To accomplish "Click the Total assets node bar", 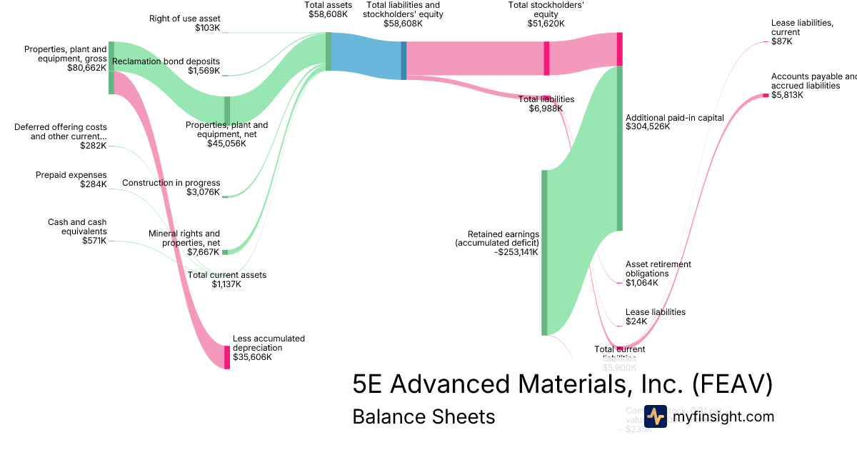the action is (329, 51).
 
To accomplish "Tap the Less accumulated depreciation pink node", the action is (227, 357).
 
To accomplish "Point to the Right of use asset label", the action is (184, 18).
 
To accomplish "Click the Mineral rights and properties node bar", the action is (225, 252).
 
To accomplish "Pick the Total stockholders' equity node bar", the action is (546, 58).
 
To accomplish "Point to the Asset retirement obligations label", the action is (658, 269).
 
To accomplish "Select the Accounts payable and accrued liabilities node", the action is (766, 96).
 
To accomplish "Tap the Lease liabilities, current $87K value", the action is (781, 41).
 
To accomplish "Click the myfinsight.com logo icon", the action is (656, 416).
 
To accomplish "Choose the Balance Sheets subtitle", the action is (424, 416).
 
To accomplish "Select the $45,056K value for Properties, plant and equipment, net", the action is (226, 144).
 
